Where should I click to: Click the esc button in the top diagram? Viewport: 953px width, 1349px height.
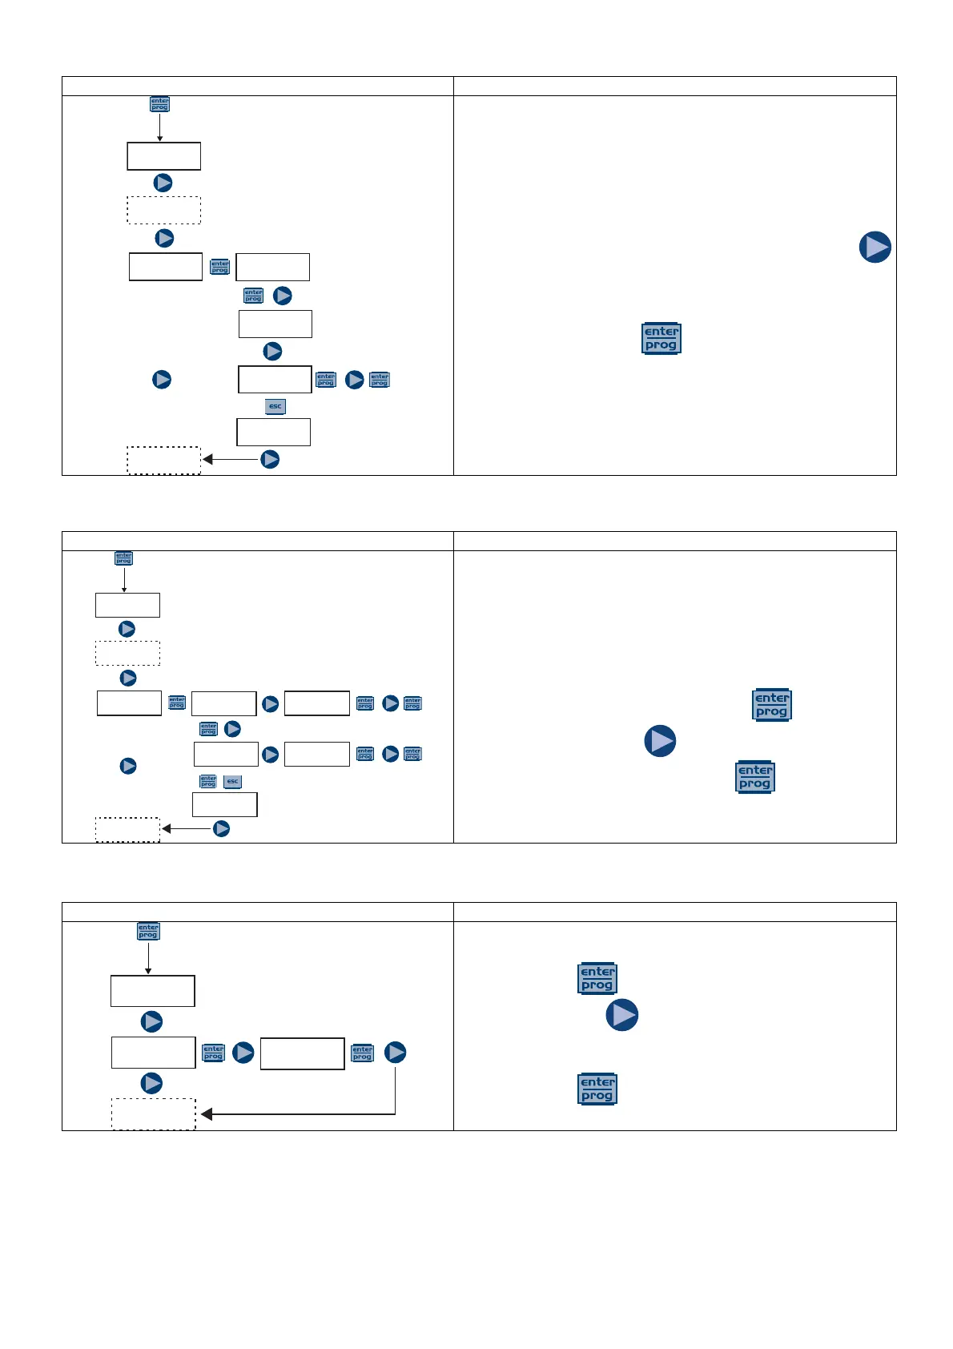(x=275, y=406)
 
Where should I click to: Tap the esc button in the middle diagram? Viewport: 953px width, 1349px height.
(x=232, y=781)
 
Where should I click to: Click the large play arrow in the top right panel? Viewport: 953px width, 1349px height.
(x=875, y=247)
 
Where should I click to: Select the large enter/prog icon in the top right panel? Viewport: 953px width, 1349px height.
(x=661, y=338)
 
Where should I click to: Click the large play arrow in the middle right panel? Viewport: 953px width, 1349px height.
(x=660, y=741)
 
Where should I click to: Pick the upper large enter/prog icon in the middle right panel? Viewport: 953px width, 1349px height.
(x=772, y=705)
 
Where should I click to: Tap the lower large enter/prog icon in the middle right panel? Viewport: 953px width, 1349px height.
(x=755, y=777)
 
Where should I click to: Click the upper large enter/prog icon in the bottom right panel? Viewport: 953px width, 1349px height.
(x=597, y=978)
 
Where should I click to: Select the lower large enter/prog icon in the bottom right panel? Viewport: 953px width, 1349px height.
(x=597, y=1089)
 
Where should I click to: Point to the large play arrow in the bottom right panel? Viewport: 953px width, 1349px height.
(x=622, y=1015)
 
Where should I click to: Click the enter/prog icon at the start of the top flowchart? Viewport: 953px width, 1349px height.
(x=160, y=104)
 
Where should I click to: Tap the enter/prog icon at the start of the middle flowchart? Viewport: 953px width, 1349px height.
(x=123, y=558)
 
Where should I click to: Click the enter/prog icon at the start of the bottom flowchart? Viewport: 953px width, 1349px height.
(x=148, y=931)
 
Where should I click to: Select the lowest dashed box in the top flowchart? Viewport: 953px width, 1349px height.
(x=164, y=461)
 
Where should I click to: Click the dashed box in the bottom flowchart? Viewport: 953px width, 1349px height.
(x=153, y=1113)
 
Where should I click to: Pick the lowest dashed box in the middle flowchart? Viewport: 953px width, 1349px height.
(x=128, y=829)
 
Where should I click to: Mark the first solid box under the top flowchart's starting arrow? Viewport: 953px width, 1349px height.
(x=164, y=156)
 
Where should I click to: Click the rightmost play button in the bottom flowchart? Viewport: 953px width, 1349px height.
(x=396, y=1053)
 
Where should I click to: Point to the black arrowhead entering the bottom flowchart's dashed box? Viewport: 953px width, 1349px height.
(x=207, y=1114)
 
